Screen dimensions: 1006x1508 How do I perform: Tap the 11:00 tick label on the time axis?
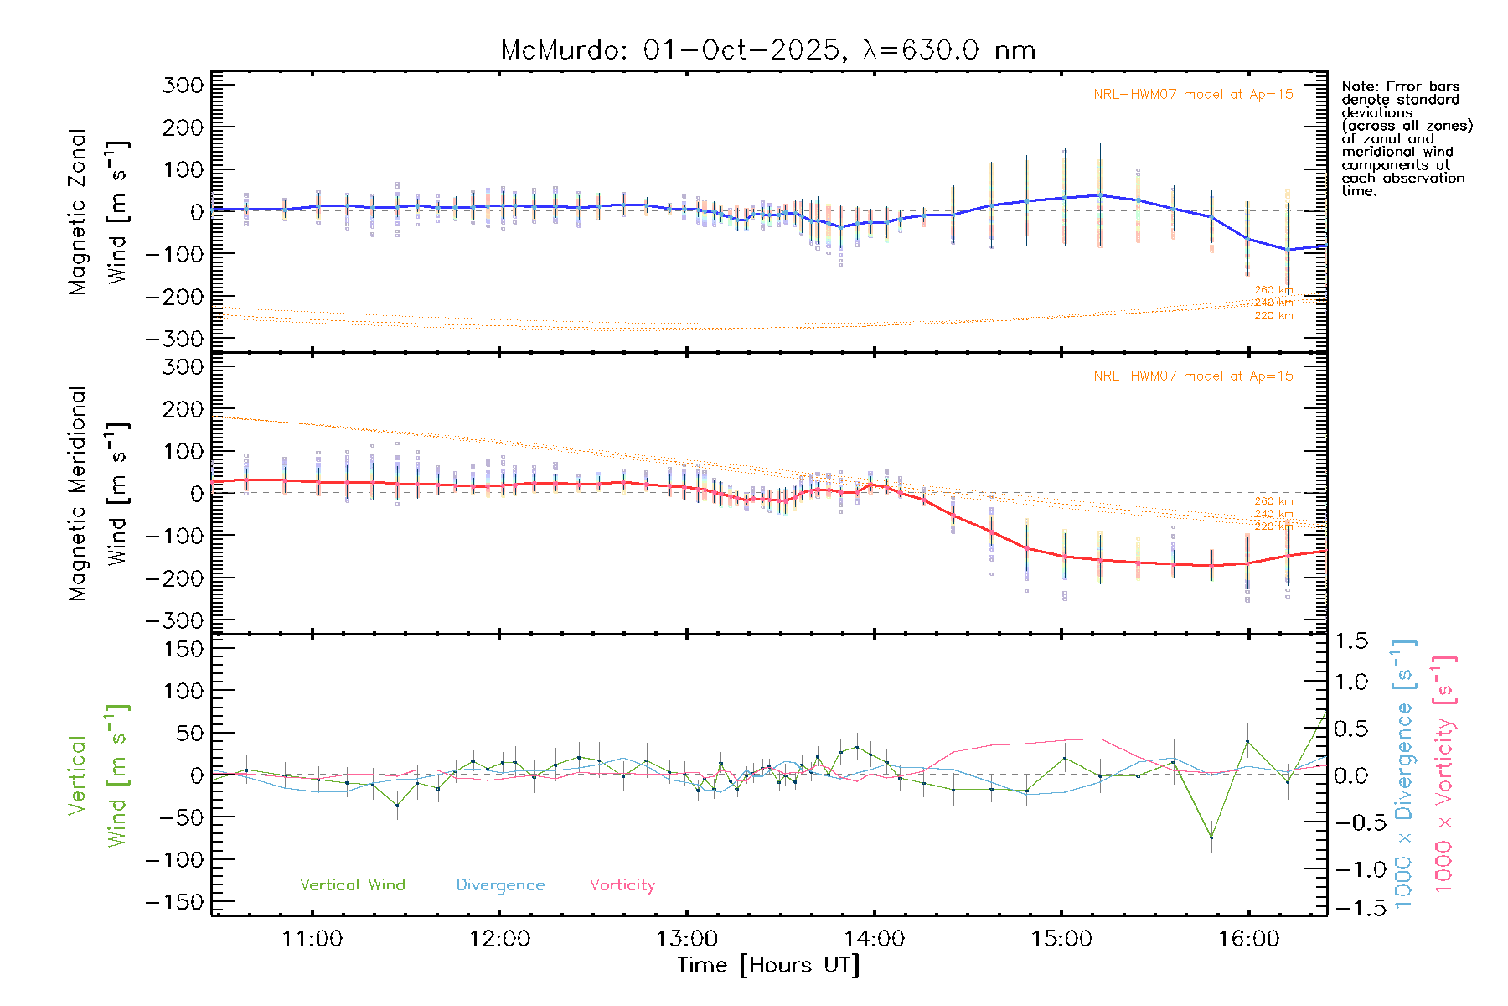click(x=312, y=938)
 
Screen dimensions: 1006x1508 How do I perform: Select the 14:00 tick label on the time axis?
click(x=874, y=938)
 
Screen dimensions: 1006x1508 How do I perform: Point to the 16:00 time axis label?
click(x=1248, y=938)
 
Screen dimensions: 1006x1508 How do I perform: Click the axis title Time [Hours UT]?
click(x=768, y=965)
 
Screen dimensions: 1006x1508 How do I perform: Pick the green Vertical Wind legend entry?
click(x=352, y=884)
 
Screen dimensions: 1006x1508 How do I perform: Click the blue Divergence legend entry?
click(x=500, y=884)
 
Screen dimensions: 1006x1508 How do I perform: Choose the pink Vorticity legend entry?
click(x=622, y=884)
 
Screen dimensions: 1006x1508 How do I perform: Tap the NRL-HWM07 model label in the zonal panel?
click(x=1193, y=95)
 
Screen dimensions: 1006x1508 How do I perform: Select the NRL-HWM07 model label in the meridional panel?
click(x=1193, y=376)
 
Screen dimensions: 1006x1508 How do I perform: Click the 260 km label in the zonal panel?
click(x=1273, y=290)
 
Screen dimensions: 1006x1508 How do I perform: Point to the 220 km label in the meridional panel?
click(x=1273, y=526)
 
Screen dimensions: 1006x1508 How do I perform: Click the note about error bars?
click(x=1406, y=138)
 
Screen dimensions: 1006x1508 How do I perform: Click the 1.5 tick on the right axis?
click(x=1350, y=641)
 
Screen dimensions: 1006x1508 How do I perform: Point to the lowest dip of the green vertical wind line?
click(x=1211, y=837)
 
